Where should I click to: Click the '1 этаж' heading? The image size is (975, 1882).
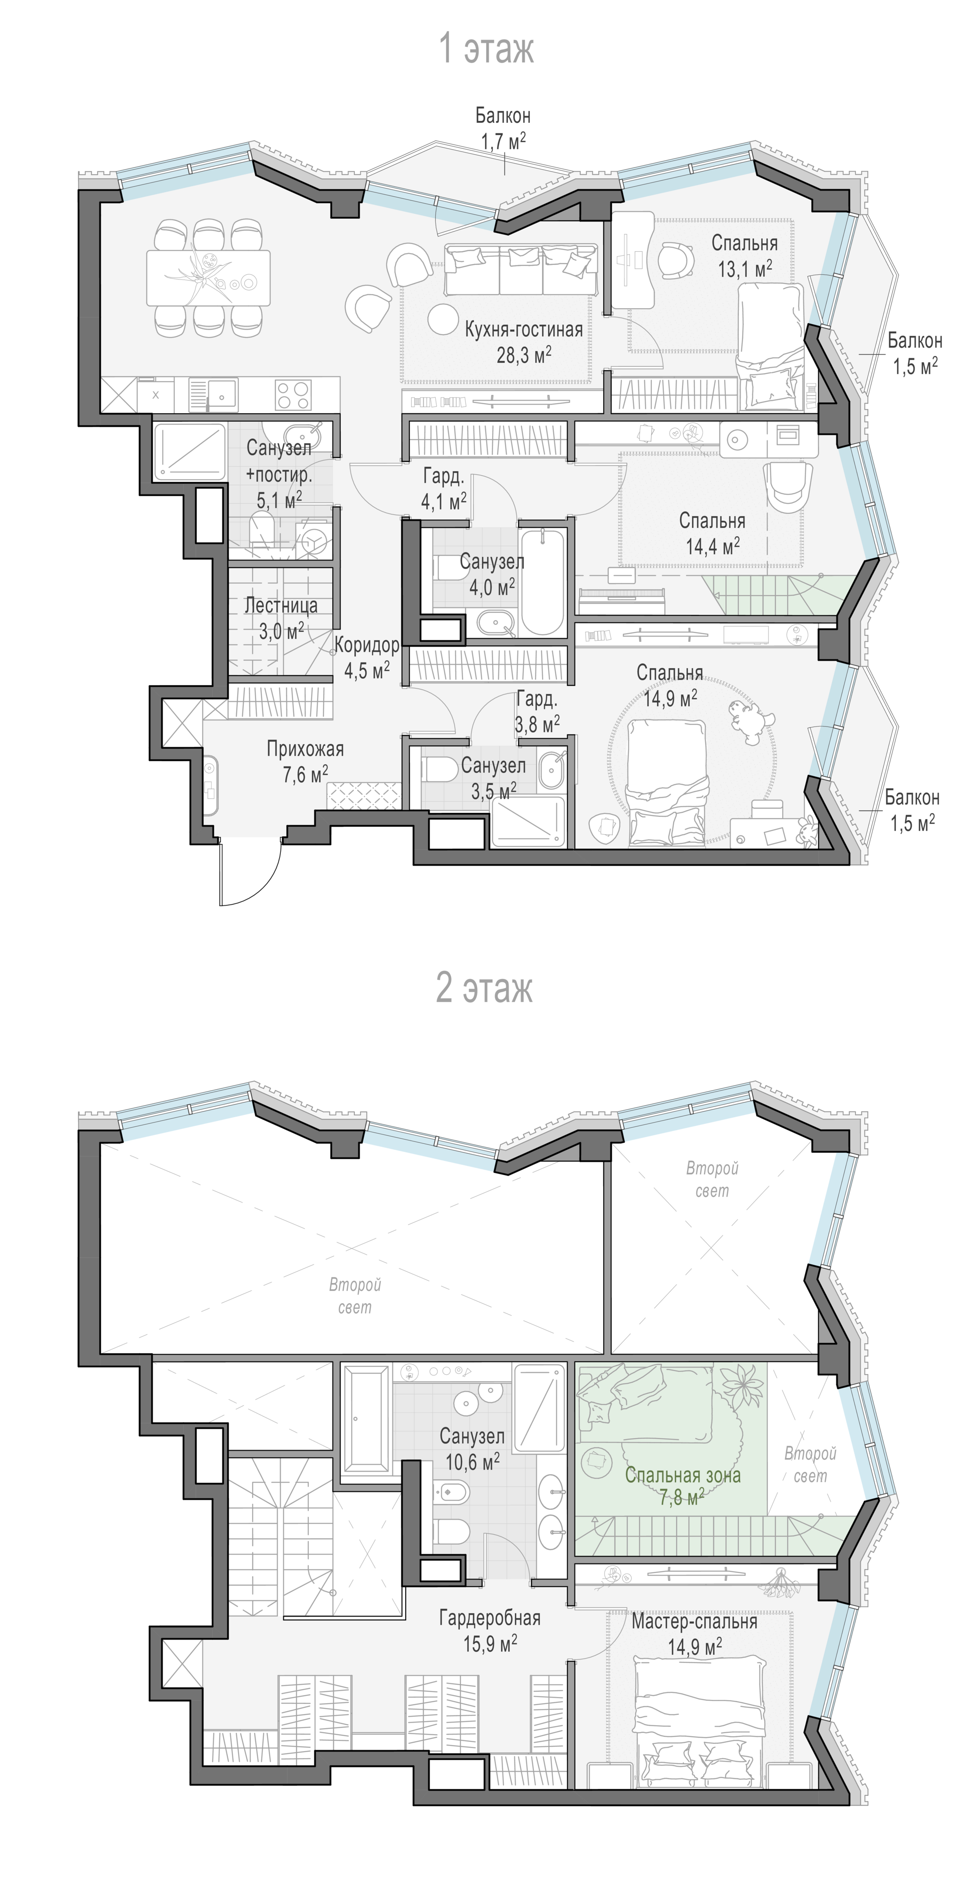pos(486,49)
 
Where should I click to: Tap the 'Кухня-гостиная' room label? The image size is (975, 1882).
pos(524,329)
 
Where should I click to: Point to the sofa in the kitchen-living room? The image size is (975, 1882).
pos(520,269)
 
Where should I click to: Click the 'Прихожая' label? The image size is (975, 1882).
pos(305,749)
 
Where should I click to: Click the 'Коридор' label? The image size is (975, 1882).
pos(367,645)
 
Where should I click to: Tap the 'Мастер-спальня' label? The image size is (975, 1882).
pos(695,1621)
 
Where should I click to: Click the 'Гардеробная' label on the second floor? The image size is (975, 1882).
pos(490,1618)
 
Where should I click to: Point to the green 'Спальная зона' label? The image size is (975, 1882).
pos(683,1475)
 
